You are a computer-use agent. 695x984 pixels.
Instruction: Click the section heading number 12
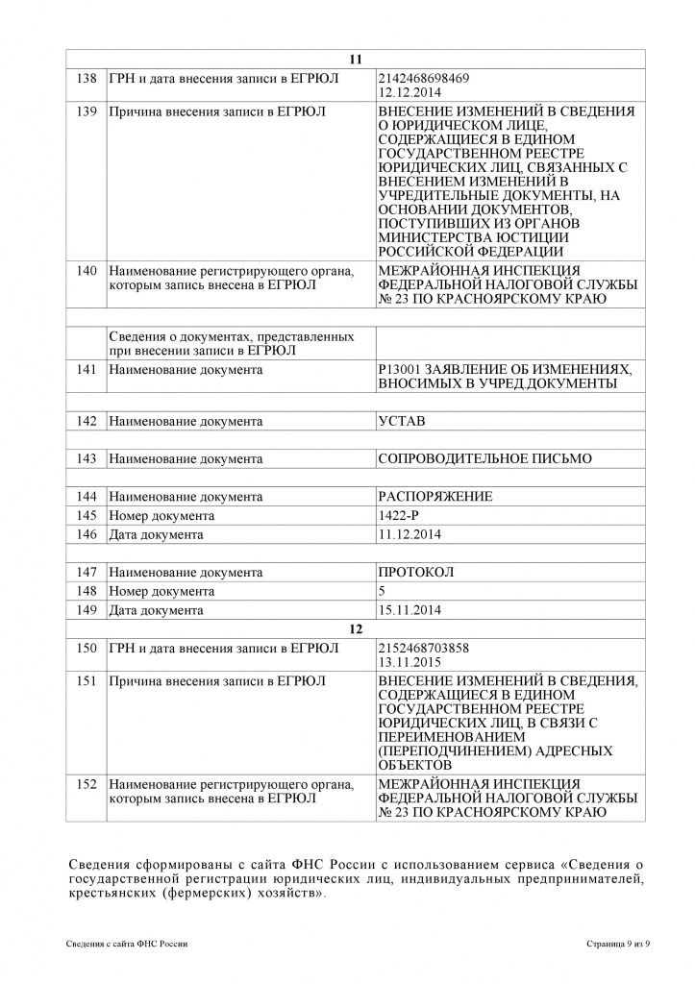point(356,628)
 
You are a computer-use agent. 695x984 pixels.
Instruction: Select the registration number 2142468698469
point(426,77)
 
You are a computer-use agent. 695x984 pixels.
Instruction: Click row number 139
point(87,111)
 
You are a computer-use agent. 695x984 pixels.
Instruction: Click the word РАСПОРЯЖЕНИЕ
point(435,497)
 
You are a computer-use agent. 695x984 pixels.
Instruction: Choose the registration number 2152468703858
point(426,648)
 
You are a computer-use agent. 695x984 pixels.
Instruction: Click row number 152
point(87,784)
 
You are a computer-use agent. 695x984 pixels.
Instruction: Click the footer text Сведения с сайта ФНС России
point(128,945)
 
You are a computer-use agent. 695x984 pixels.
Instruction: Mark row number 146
point(87,534)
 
